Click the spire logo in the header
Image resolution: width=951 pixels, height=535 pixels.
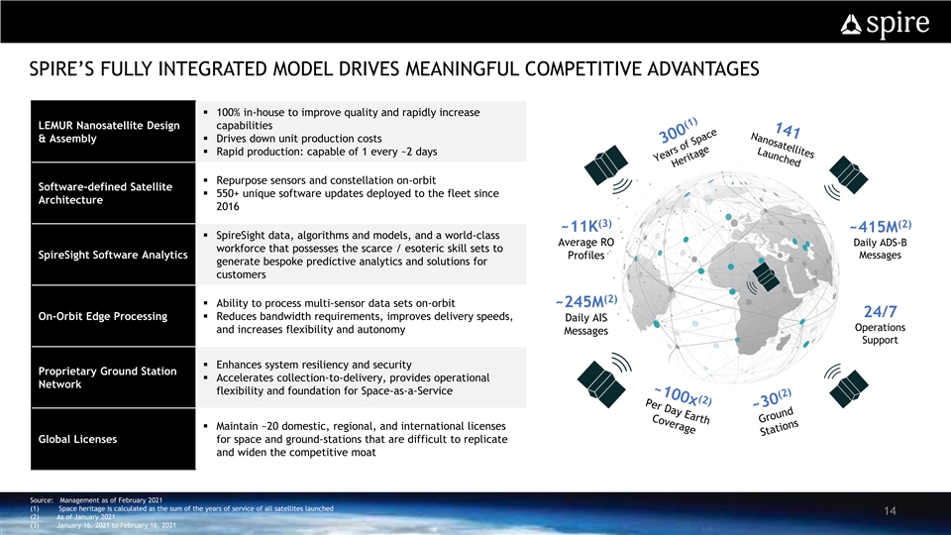click(x=885, y=24)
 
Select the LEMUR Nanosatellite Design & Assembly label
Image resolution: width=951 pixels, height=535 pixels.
click(x=109, y=132)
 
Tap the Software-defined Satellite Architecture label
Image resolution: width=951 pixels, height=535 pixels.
click(x=106, y=193)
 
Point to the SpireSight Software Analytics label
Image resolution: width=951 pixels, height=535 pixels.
click(x=113, y=255)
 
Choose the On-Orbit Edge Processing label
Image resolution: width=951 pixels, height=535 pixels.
click(x=102, y=316)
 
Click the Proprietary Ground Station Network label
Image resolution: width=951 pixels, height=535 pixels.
click(x=107, y=377)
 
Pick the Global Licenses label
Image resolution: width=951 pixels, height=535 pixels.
click(x=77, y=439)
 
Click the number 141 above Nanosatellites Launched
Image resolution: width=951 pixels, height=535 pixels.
click(x=788, y=130)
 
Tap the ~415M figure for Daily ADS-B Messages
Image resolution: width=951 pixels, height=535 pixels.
click(x=880, y=226)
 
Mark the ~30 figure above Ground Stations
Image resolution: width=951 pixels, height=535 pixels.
click(x=772, y=398)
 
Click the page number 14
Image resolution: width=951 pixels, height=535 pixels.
click(x=890, y=511)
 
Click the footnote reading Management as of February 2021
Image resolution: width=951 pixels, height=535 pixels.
click(x=111, y=499)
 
